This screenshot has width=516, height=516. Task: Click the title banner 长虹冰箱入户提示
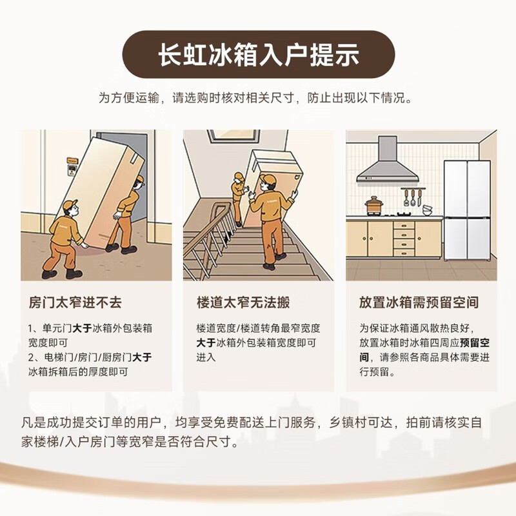[x=258, y=55]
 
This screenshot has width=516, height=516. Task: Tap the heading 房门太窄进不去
[x=75, y=303]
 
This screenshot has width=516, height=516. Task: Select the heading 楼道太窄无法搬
[x=238, y=303]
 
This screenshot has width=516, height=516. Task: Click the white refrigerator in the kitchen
[x=467, y=210]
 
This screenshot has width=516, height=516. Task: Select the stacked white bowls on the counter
[x=428, y=210]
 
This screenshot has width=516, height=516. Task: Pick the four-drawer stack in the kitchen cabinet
[x=404, y=239]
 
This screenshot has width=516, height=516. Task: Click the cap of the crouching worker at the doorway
[x=70, y=205]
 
